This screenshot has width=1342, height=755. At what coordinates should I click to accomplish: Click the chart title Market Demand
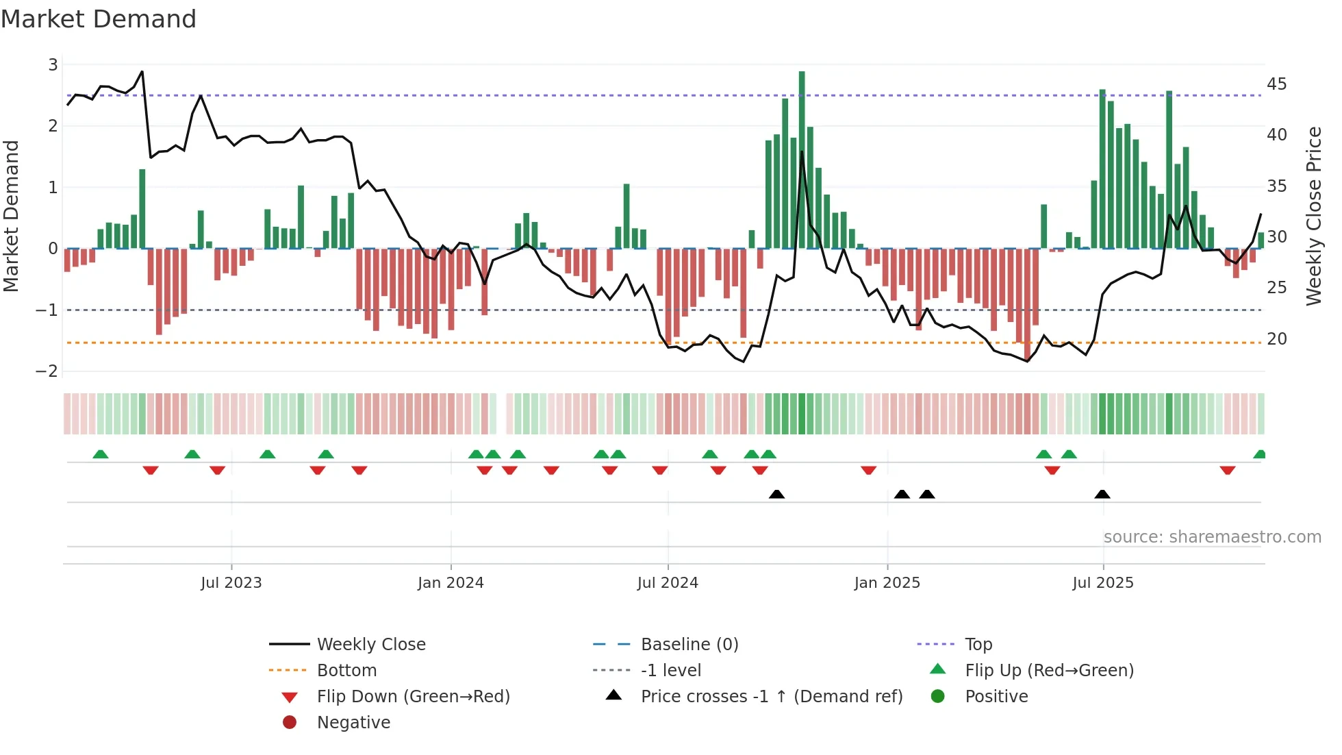[x=99, y=19]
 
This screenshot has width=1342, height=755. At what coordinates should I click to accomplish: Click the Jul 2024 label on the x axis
[x=668, y=583]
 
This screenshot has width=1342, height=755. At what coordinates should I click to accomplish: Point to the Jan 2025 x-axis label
[x=887, y=583]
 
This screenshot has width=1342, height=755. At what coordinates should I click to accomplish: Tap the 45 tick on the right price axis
[x=1276, y=84]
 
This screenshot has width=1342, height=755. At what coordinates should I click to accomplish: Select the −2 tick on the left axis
[x=47, y=371]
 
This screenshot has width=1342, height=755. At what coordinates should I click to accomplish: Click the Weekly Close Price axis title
[x=1313, y=216]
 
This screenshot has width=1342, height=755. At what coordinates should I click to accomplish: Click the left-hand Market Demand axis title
[x=11, y=216]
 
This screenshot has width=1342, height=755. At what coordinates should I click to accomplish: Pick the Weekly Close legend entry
[x=370, y=645]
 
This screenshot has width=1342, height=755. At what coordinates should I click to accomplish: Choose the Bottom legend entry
[x=346, y=671]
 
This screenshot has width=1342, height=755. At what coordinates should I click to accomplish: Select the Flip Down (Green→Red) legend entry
[x=413, y=697]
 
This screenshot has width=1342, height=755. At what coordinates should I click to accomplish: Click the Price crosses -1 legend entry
[x=771, y=697]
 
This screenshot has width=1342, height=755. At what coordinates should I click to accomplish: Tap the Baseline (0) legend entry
[x=689, y=645]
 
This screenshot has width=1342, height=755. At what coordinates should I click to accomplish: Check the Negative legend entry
[x=353, y=723]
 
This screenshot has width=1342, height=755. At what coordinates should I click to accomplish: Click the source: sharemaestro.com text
[x=1212, y=537]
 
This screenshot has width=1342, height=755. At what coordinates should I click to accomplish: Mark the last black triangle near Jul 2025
[x=1102, y=494]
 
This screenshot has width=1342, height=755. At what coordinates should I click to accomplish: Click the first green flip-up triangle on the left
[x=101, y=454]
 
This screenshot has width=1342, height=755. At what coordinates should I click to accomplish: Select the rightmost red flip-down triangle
[x=1227, y=470]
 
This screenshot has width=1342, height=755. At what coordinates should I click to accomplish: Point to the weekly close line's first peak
[x=142, y=71]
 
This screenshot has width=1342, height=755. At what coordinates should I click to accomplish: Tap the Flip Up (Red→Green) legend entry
[x=1049, y=671]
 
